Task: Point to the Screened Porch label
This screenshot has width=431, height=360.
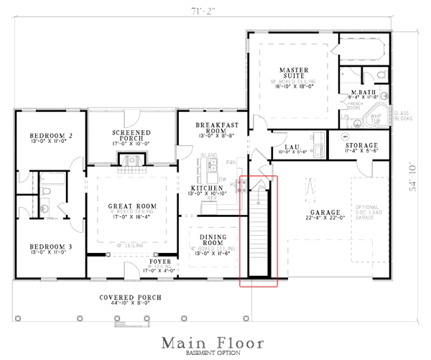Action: (131, 137)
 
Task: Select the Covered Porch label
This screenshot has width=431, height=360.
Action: (130, 297)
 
